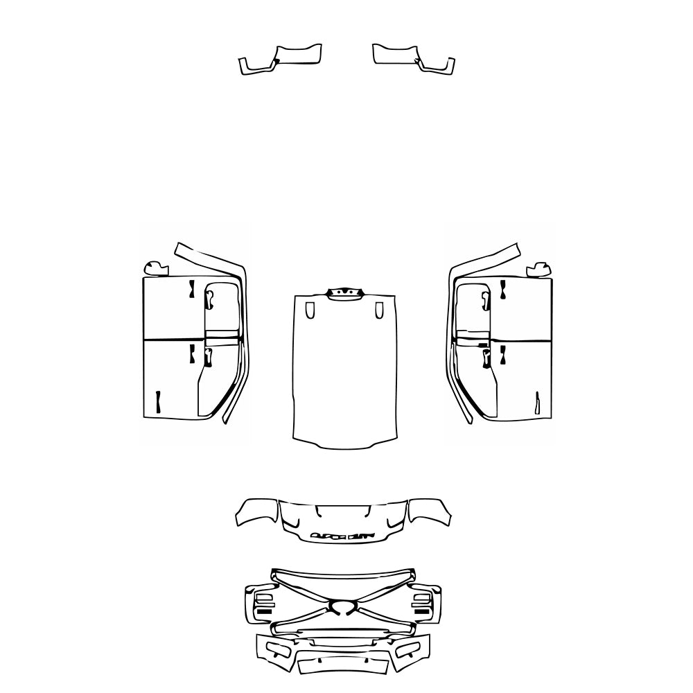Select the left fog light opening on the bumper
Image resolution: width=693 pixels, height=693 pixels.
[x=279, y=650]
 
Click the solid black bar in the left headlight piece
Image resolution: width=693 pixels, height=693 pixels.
[x=265, y=613]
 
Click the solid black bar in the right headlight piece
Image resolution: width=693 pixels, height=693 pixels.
[x=421, y=613]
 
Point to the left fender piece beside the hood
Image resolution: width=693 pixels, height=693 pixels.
[x=257, y=511]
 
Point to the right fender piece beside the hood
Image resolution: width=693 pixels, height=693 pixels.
[x=430, y=511]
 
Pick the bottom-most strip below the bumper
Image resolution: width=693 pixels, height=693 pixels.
[x=342, y=667]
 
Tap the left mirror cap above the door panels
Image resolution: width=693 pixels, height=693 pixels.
[x=155, y=267]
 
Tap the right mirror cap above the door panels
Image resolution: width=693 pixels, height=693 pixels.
[x=538, y=268]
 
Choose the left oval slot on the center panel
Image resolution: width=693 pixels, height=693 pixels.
[x=309, y=310]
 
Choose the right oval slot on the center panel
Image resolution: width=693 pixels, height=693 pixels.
[x=378, y=310]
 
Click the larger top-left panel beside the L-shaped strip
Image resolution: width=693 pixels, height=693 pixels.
[x=298, y=55]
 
